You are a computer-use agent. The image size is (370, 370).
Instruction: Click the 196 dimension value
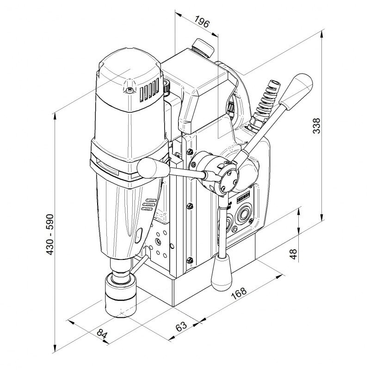[x=202, y=22]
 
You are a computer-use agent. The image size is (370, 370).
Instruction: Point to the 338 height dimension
[x=316, y=126]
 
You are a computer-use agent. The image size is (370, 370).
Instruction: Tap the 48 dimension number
[x=293, y=254]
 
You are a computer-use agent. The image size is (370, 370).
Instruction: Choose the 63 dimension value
[x=181, y=325]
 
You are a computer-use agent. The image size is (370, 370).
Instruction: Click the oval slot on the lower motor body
[x=138, y=235]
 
